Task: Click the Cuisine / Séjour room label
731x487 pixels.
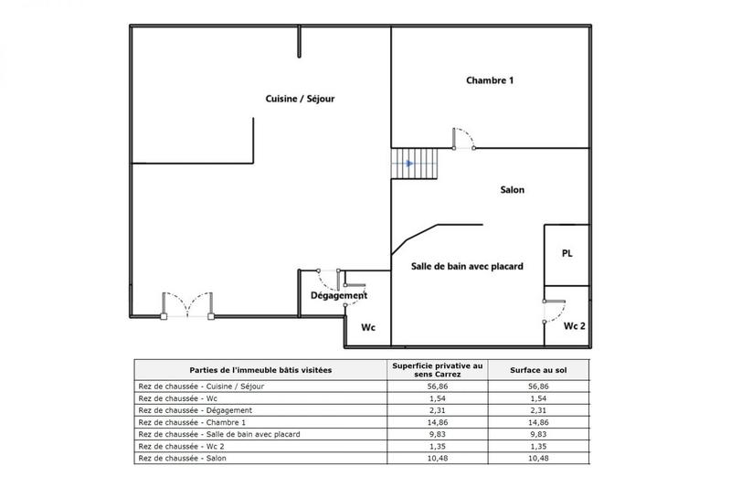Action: pyautogui.click(x=301, y=99)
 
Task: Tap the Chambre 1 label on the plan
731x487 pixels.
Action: pyautogui.click(x=490, y=80)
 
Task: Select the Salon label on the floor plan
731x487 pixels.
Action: pyautogui.click(x=512, y=190)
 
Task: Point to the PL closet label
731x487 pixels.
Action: pyautogui.click(x=567, y=253)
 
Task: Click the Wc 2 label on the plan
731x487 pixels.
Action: pyautogui.click(x=574, y=326)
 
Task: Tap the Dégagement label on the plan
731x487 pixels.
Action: pyautogui.click(x=339, y=295)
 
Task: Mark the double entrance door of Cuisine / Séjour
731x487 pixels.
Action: pyautogui.click(x=187, y=306)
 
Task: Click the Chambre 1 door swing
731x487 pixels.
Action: pyautogui.click(x=465, y=140)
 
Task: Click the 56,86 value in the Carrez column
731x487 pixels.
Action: pyautogui.click(x=438, y=386)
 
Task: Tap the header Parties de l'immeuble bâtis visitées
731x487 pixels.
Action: pyautogui.click(x=260, y=369)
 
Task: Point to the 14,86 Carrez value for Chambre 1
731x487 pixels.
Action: pyautogui.click(x=438, y=422)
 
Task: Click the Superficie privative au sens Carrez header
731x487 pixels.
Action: pyautogui.click(x=438, y=369)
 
